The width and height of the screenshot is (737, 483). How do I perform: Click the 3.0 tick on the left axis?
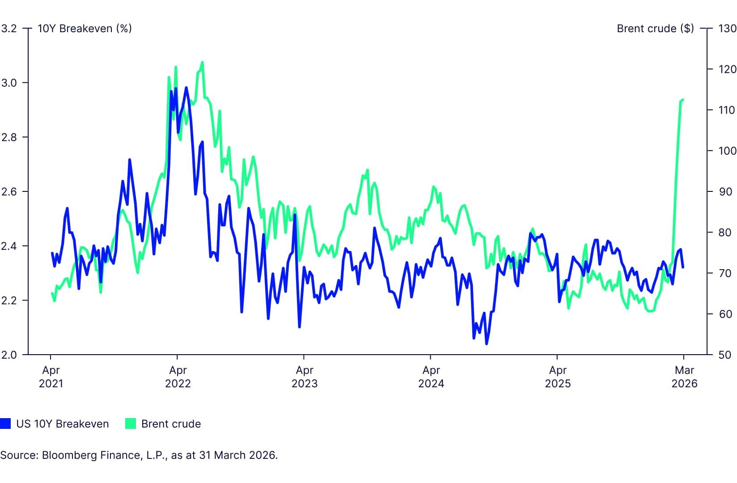pos(9,83)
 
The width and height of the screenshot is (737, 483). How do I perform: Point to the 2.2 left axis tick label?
pos(9,301)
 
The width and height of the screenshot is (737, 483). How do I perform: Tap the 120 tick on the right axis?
pos(727,69)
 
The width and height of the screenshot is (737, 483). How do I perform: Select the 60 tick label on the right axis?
pos(725,314)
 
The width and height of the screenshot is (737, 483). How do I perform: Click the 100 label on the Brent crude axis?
pos(727,151)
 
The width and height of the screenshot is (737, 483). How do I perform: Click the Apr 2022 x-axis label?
pos(178,377)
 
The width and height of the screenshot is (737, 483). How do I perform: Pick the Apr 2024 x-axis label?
pos(431,377)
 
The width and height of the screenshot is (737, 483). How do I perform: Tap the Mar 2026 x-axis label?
pos(684,377)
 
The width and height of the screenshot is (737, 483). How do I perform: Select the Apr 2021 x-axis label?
pos(51,377)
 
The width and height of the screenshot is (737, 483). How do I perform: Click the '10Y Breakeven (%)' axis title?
pos(85,29)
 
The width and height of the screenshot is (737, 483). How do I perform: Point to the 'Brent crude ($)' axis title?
pos(655,29)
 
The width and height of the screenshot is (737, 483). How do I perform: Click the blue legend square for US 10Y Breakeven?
pos(5,424)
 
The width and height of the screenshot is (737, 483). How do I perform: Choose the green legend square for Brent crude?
pos(131,424)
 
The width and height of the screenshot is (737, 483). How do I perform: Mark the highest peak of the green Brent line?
pos(203,62)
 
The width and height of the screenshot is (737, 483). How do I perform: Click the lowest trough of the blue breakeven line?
pos(487,343)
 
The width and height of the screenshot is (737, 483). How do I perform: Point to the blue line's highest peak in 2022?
pos(186,88)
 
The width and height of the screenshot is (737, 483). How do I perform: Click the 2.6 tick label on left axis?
pos(9,192)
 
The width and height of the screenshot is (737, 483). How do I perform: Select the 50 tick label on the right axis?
pos(725,355)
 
